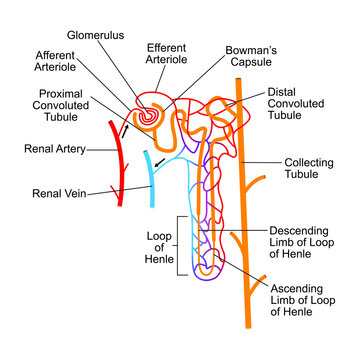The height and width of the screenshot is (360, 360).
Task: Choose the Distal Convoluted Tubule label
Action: pos(299,103)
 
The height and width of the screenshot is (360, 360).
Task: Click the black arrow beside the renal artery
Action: pos(126,130)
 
